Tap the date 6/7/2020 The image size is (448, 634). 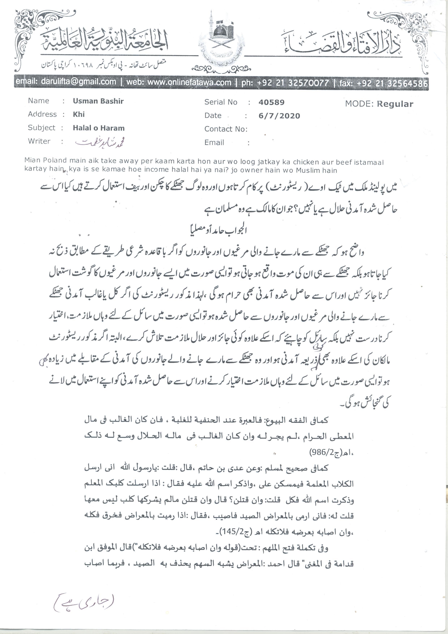pyautogui.click(x=279, y=116)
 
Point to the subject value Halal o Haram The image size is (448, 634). pyautogui.click(x=98, y=128)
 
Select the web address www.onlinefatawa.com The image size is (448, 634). pyautogui.click(x=189, y=82)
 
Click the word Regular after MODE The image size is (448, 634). pyautogui.click(x=395, y=104)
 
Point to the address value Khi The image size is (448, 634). pyautogui.click(x=79, y=114)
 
